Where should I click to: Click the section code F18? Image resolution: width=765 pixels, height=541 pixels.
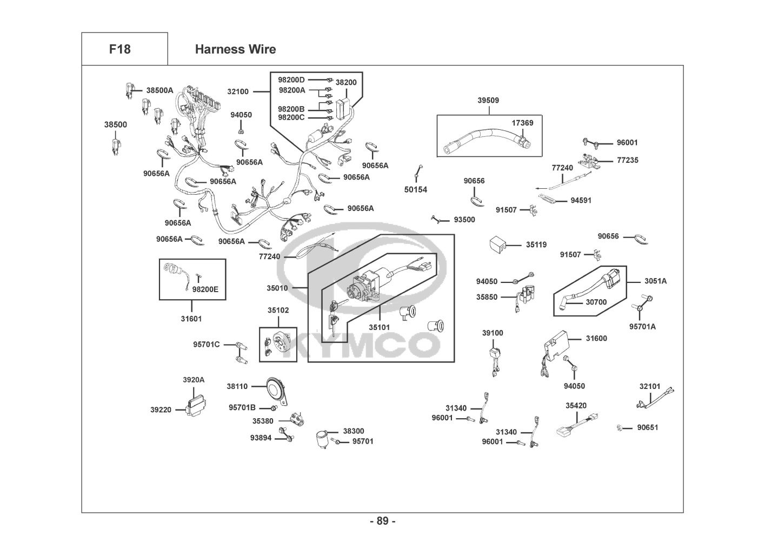119,49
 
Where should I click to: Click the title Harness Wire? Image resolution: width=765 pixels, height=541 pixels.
235,49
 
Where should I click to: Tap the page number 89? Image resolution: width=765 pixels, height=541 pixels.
382,521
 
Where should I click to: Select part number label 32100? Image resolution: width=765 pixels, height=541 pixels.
238,91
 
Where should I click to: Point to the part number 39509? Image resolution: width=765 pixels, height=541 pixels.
488,100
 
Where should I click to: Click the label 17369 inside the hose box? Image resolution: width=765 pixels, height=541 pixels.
522,123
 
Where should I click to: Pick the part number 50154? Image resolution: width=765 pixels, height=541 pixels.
416,189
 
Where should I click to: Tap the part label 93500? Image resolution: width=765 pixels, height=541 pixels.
464,220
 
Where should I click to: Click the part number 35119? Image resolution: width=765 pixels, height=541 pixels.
536,245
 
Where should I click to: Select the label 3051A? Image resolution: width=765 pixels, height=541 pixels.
655,281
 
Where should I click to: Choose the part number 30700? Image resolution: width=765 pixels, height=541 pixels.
596,302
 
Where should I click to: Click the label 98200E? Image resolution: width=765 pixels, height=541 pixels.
205,289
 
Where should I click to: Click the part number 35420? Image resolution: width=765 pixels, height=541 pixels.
576,405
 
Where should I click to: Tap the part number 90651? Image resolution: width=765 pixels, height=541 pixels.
647,427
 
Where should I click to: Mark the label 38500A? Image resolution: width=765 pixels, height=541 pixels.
159,90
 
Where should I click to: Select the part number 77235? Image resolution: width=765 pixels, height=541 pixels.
627,160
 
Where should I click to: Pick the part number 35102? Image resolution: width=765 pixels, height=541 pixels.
278,311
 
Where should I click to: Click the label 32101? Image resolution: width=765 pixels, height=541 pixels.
650,386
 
